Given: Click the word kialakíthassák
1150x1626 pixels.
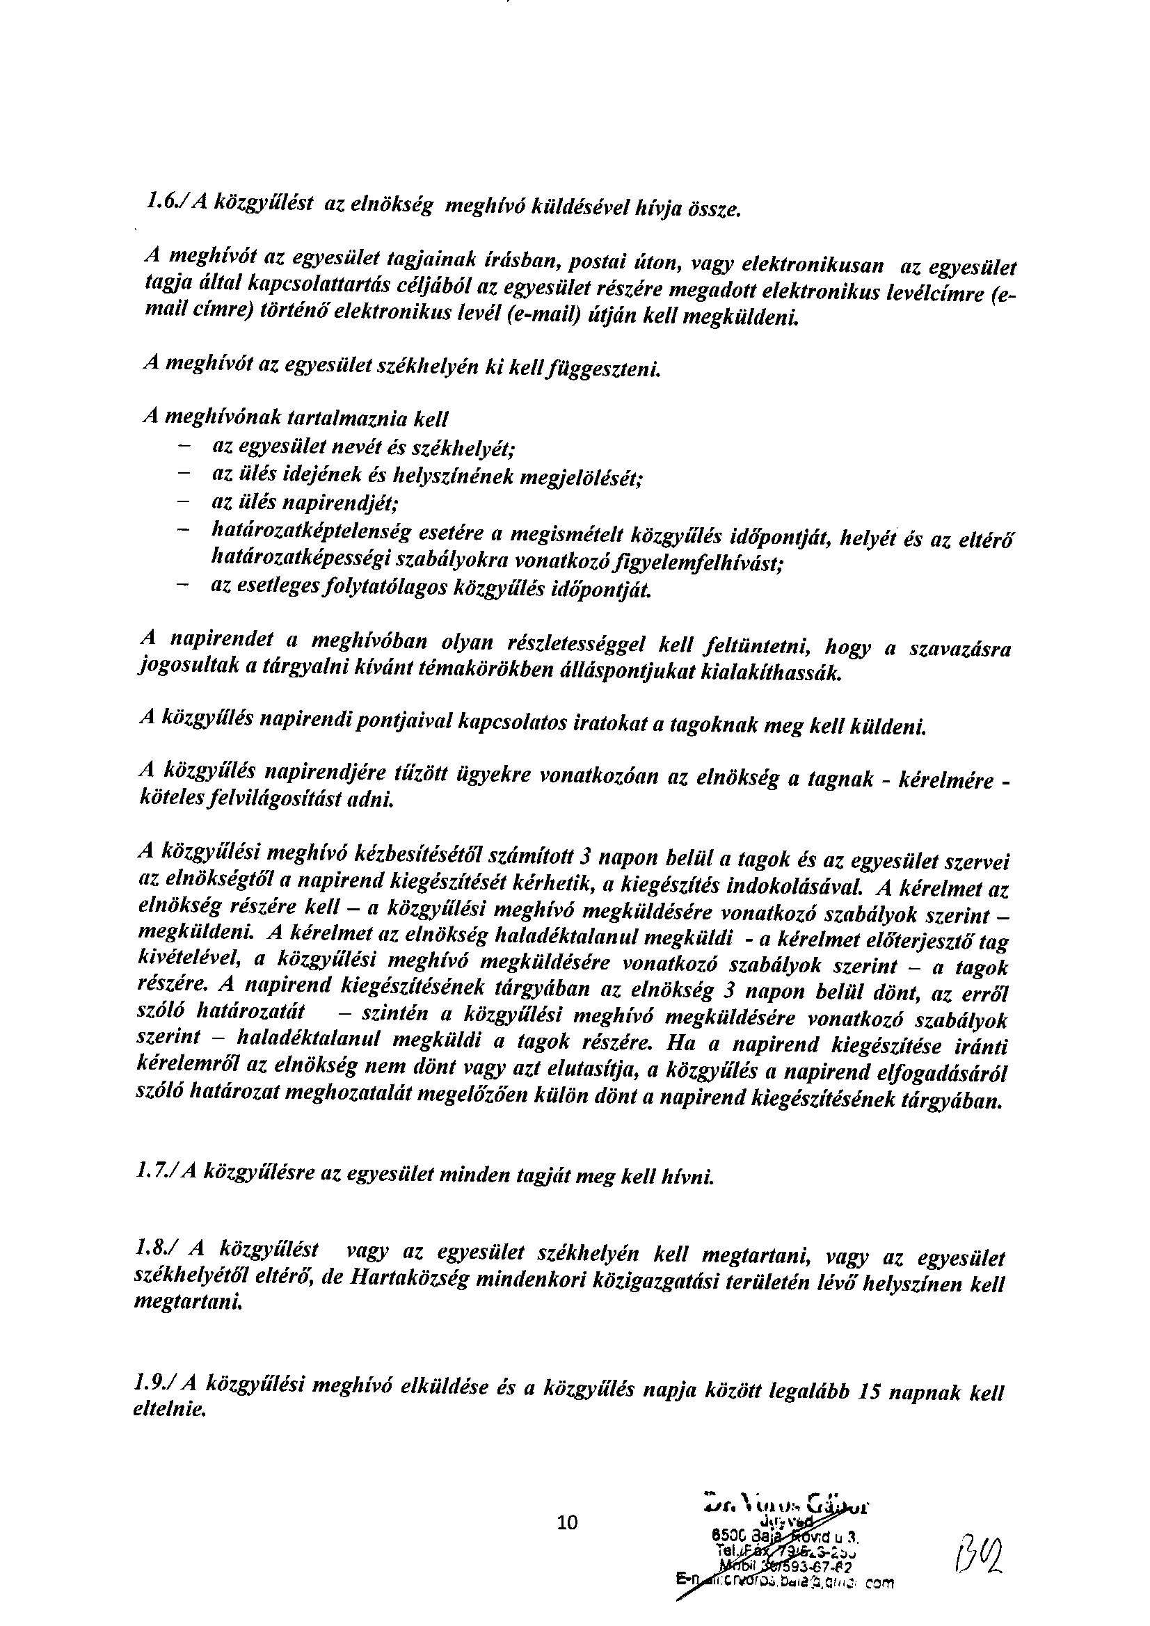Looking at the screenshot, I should click(772, 673).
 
